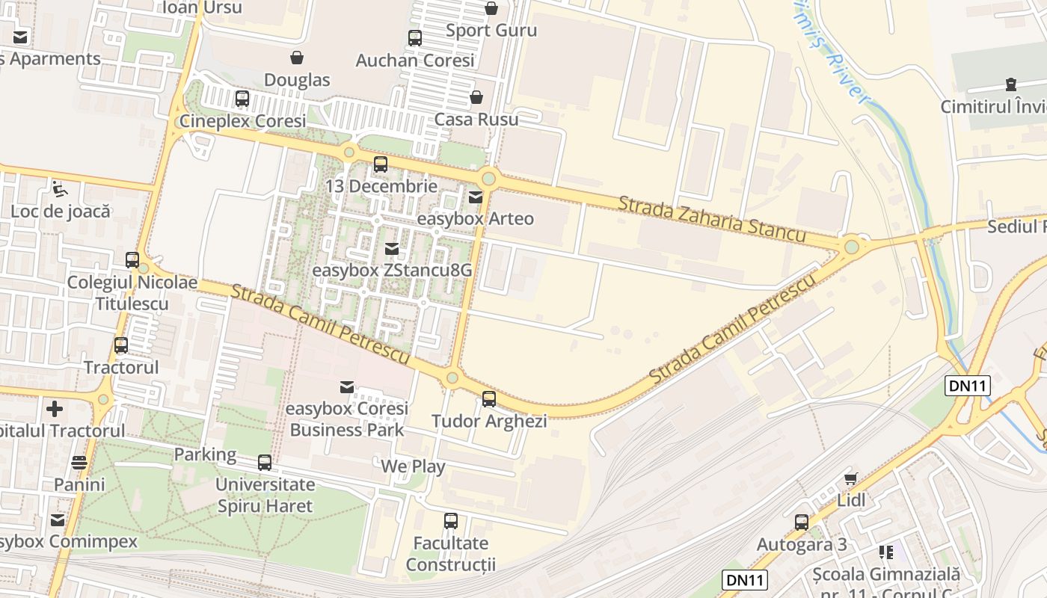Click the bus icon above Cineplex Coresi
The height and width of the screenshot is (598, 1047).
[242, 98]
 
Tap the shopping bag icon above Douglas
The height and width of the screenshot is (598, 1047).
[297, 58]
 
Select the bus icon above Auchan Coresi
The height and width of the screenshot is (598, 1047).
[414, 37]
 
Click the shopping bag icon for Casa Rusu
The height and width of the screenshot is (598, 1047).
[476, 97]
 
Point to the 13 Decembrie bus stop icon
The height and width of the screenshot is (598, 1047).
[381, 164]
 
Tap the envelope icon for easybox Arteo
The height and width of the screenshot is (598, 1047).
[476, 197]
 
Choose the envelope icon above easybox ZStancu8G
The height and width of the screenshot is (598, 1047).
[392, 249]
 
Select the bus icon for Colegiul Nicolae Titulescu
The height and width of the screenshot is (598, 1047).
[132, 260]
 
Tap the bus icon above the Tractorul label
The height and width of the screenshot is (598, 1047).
[121, 345]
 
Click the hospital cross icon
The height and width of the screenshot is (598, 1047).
[55, 409]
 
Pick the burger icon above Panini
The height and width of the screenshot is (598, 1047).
[79, 463]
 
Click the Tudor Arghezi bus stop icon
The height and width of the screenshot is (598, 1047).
[489, 399]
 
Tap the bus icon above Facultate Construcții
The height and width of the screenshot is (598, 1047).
[451, 521]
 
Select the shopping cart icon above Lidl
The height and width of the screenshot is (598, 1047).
[850, 478]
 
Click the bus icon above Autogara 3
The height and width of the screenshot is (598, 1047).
[802, 523]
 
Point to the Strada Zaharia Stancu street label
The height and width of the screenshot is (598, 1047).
[712, 220]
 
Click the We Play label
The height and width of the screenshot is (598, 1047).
[413, 467]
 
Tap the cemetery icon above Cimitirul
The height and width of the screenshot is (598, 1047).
[1012, 84]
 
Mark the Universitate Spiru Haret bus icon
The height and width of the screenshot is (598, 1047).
[265, 463]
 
